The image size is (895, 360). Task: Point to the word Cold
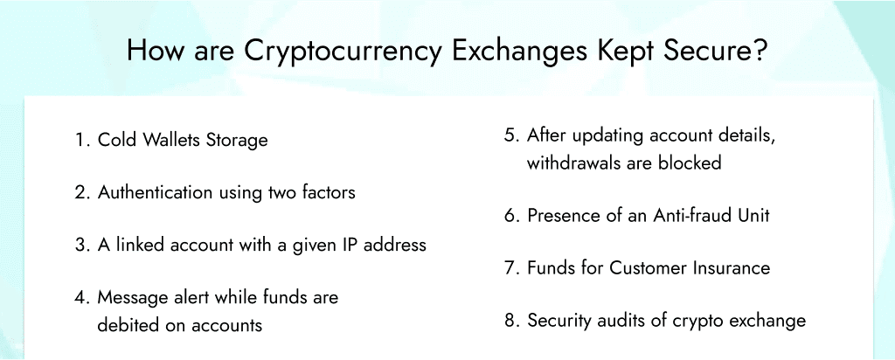pos(117,140)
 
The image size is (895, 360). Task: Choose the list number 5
pos(510,136)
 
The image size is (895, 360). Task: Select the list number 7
pos(510,268)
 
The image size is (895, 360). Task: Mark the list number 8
pos(510,321)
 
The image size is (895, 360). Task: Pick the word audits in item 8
pos(623,321)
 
